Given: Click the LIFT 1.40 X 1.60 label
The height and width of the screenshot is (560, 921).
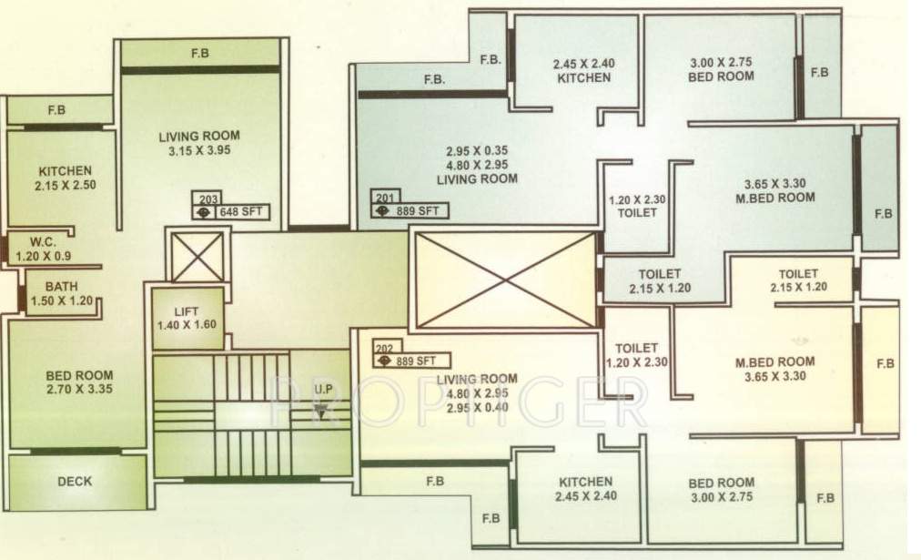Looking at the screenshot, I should click(186, 318).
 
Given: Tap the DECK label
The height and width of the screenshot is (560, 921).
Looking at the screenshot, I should click(75, 481).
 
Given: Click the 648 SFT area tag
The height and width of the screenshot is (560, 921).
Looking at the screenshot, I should click(240, 213).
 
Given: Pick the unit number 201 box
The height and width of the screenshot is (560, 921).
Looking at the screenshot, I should click(383, 197).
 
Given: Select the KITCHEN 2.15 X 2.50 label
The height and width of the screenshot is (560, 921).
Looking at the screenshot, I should click(66, 178).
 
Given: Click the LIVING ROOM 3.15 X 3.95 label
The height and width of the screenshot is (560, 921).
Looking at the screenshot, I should click(199, 143).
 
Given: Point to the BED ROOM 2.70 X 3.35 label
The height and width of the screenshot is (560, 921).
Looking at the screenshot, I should click(80, 382).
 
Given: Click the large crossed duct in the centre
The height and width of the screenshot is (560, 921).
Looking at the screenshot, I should click(504, 280).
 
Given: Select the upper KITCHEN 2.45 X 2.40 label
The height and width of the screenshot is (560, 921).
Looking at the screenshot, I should click(582, 71).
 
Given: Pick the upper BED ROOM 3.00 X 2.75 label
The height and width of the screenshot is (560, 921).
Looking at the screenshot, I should click(721, 69).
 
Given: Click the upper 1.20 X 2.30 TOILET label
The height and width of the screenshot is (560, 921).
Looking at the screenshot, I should click(636, 206).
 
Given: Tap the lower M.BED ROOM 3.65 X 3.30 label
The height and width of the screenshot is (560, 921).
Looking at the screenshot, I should click(775, 369).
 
